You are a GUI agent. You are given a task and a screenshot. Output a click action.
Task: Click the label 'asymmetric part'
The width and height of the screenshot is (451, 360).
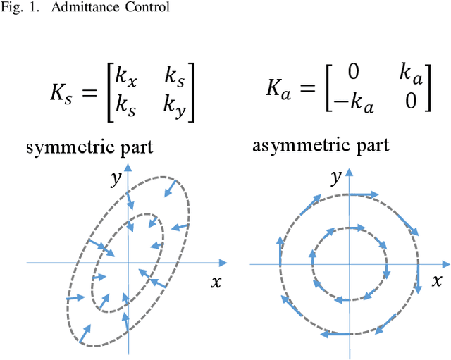click(321, 147)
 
